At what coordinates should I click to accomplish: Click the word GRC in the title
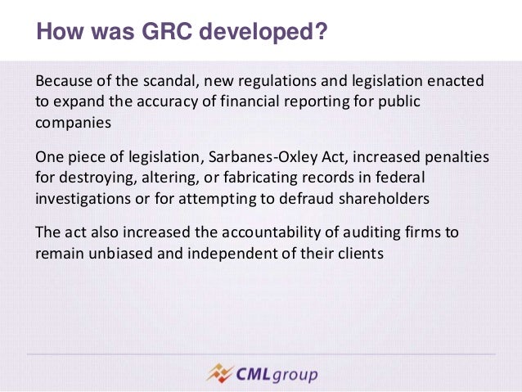click(146, 34)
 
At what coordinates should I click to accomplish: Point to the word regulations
click(270, 82)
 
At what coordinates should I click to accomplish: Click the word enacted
click(455, 82)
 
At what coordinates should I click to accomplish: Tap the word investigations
click(85, 196)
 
